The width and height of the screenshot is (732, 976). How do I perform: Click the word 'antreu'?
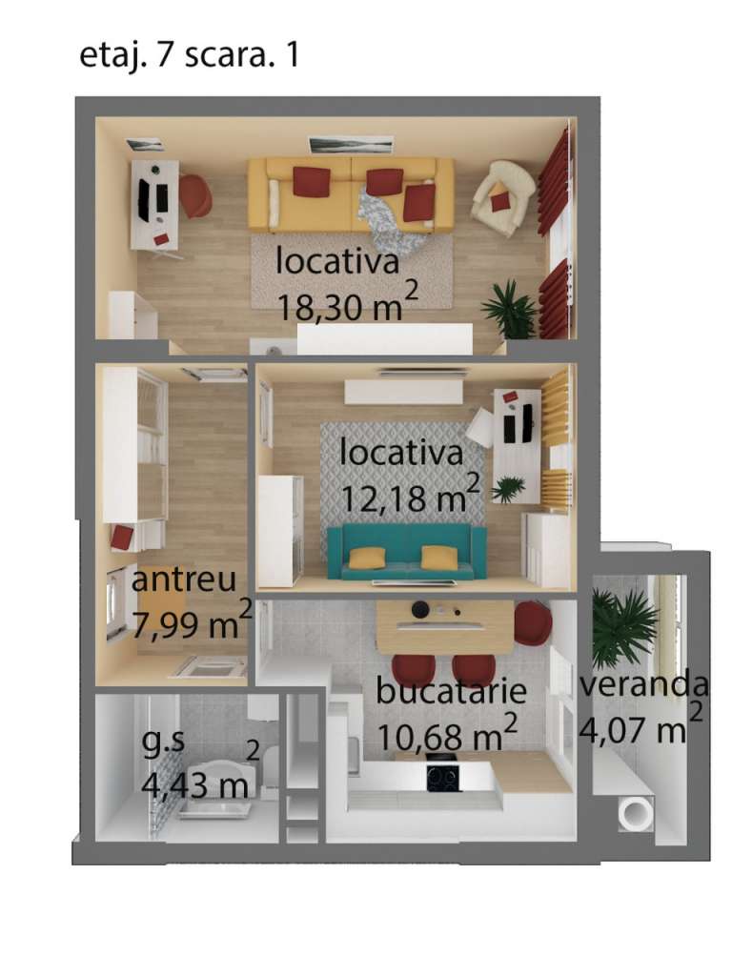click(184, 579)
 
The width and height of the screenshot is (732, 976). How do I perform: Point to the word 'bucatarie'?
click(451, 691)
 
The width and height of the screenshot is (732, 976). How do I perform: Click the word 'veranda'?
click(644, 684)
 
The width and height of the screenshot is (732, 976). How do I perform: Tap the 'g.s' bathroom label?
click(164, 744)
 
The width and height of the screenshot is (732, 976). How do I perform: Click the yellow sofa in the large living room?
click(351, 194)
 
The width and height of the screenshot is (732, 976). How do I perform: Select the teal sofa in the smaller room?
click(407, 552)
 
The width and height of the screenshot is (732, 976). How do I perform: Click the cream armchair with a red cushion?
click(503, 197)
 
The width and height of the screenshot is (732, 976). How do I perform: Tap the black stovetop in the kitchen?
click(444, 776)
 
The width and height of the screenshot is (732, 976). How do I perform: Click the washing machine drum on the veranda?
click(635, 814)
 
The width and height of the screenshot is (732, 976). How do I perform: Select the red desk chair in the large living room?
click(194, 194)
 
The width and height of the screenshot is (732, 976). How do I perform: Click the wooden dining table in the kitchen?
click(445, 626)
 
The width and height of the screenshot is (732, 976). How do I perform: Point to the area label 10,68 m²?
click(447, 735)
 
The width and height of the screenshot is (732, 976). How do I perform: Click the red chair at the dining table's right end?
click(534, 621)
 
